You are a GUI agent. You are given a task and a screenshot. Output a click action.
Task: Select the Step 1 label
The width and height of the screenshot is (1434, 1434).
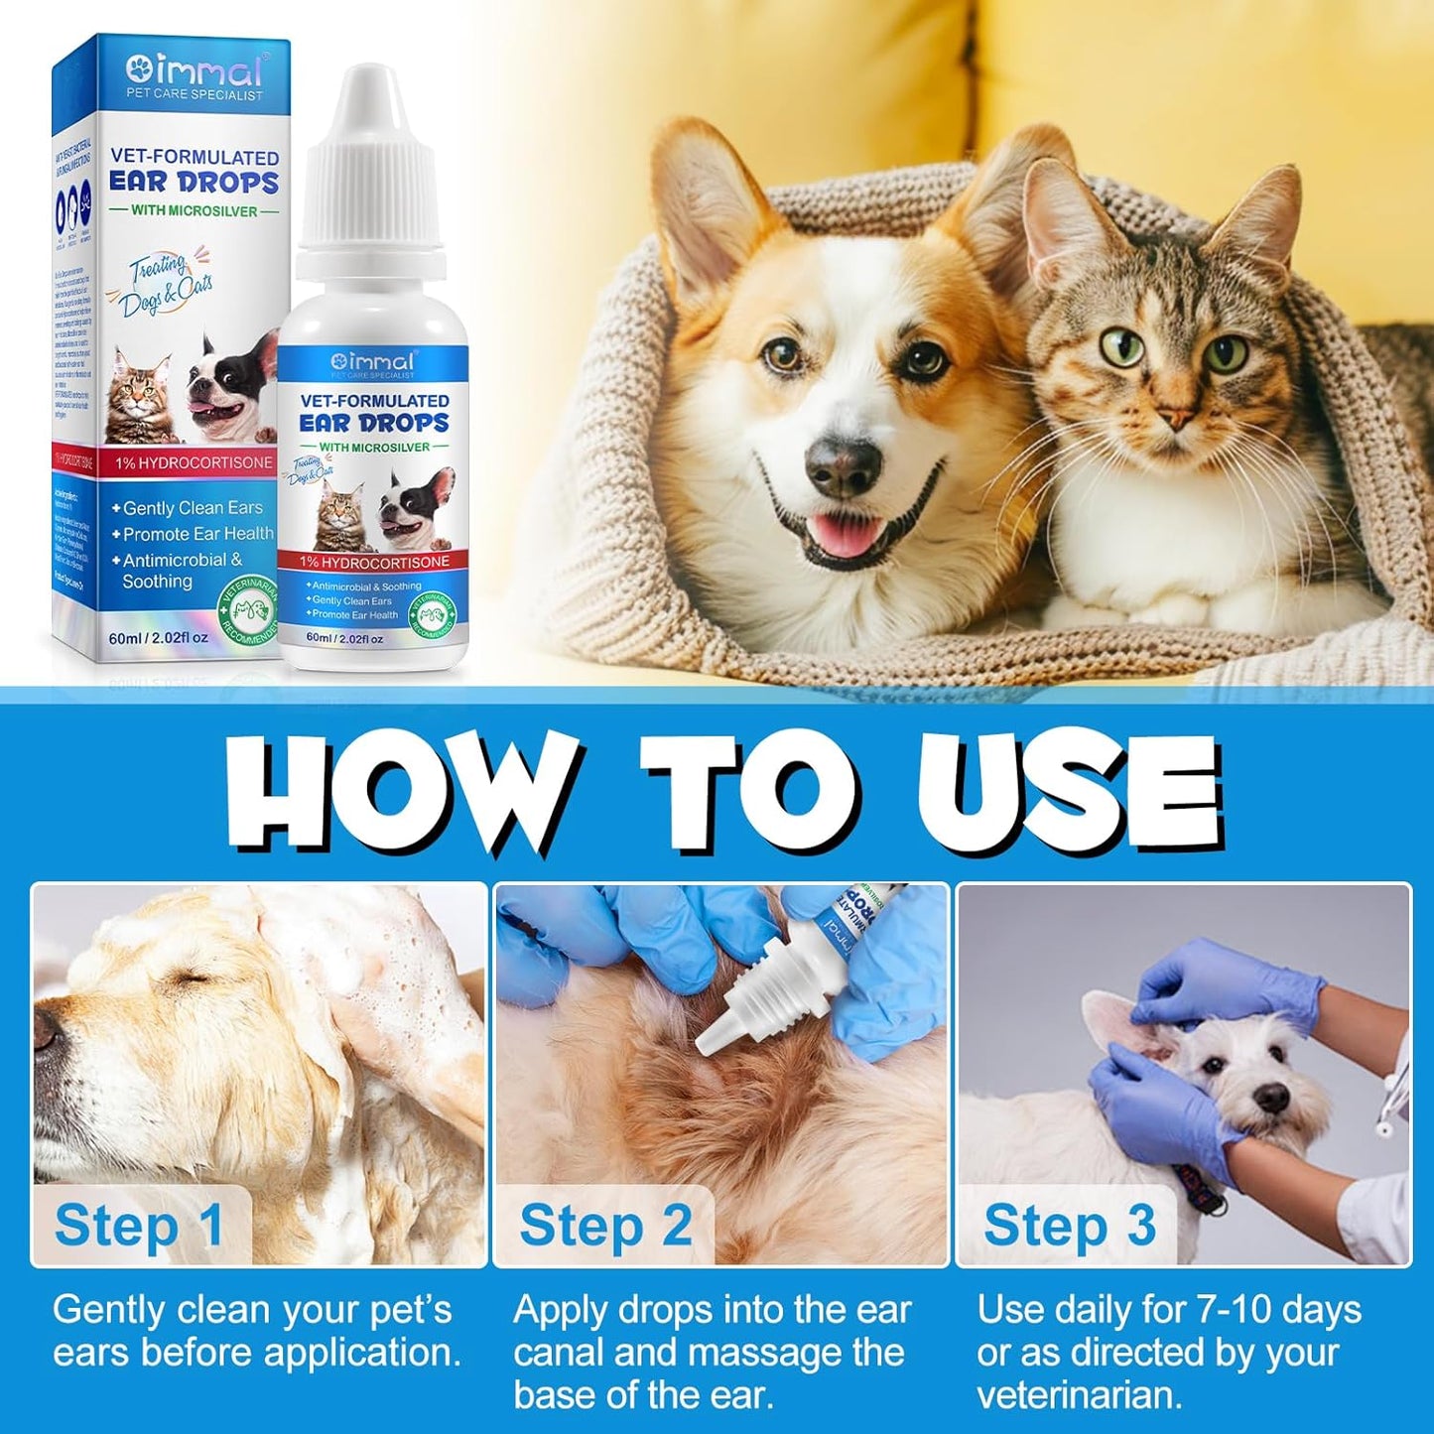(139, 1226)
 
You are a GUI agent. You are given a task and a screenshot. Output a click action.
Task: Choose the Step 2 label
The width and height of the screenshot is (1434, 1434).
(605, 1226)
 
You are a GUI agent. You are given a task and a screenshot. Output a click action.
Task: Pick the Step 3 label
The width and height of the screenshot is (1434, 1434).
(1070, 1226)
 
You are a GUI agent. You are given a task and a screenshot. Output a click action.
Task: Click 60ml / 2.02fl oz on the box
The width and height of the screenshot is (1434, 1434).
(160, 638)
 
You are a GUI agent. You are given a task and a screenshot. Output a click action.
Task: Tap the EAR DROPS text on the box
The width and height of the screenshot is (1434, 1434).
(194, 183)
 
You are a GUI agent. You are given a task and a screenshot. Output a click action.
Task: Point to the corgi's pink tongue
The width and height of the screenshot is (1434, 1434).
(843, 537)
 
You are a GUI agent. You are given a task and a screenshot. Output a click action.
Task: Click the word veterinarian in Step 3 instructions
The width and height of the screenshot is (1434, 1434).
(1080, 1395)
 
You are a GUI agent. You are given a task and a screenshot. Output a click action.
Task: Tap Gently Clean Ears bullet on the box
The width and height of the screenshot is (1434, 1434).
(193, 508)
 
